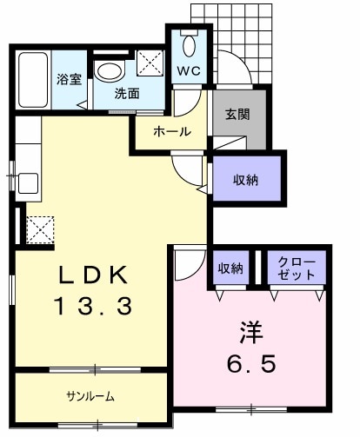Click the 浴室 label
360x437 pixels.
[69, 79]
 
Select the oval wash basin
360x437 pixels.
[110, 70]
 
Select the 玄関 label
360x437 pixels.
[237, 114]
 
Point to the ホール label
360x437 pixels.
[171, 132]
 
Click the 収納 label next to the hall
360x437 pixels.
[246, 180]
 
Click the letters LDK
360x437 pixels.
[94, 275]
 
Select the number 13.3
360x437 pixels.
[94, 305]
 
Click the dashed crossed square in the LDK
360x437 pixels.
[40, 229]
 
